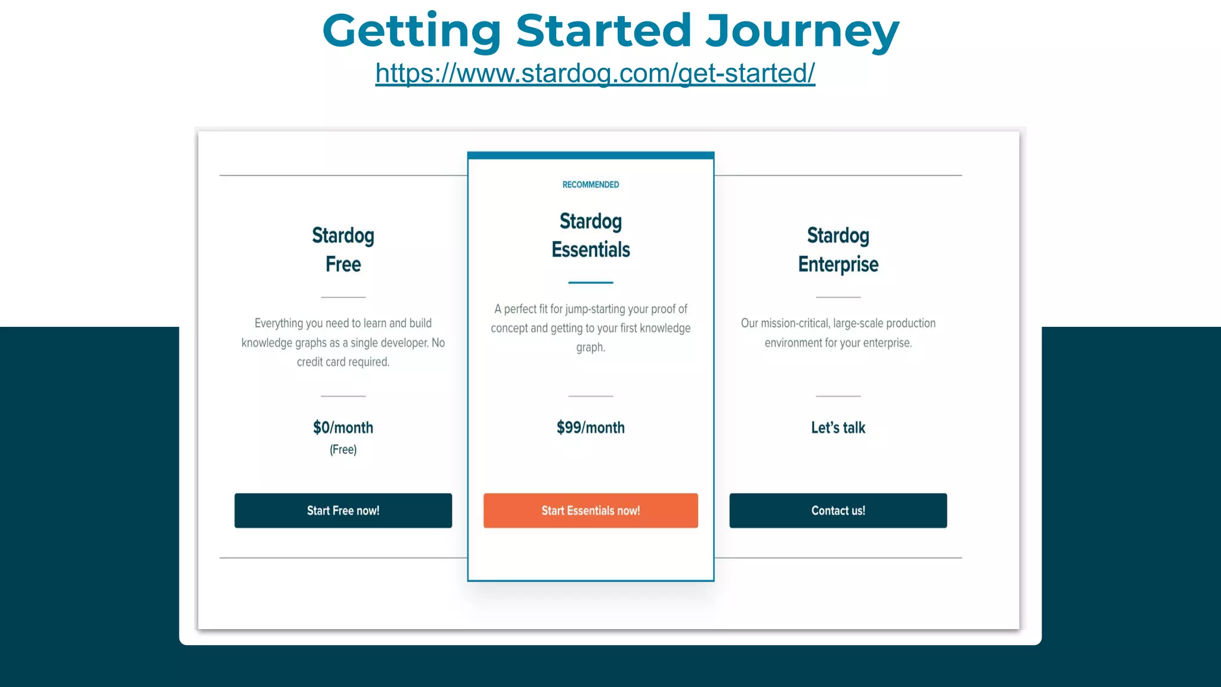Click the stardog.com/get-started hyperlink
595,73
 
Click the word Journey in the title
802,31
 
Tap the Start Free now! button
343,510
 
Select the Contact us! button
838,510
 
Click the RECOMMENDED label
590,185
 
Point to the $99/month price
590,428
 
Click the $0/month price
343,428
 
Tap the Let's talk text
838,428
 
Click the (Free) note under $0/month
343,450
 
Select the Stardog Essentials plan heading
590,236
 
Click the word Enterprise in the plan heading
838,264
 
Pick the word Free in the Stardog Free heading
343,264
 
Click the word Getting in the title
411,31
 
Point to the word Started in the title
603,31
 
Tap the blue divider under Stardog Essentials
590,282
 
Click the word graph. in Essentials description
590,347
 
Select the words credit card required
343,362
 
